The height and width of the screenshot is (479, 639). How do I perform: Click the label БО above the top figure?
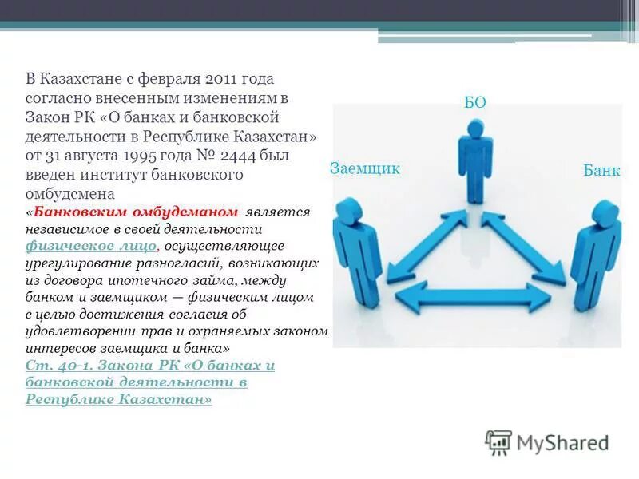tap(474, 101)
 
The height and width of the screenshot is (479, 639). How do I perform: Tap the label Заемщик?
tap(364, 168)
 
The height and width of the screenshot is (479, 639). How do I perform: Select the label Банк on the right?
tap(602, 171)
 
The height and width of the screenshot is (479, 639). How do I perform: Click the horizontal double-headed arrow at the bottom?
tap(473, 298)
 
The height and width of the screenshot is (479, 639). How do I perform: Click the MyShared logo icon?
tap(498, 441)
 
